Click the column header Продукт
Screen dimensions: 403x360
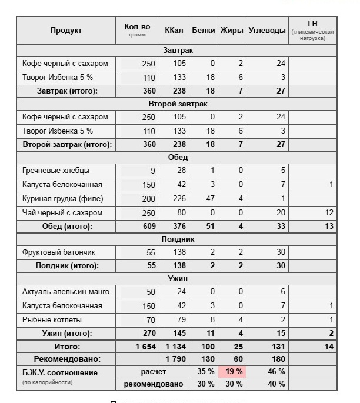click(66, 31)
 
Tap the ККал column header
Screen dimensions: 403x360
click(174, 31)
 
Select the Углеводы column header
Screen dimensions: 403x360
click(267, 31)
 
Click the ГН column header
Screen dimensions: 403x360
click(312, 24)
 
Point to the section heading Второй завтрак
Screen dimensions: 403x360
click(176, 104)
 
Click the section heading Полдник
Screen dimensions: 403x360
click(176, 239)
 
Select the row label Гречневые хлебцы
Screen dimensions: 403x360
click(56, 171)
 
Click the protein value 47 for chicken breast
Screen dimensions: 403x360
click(208, 199)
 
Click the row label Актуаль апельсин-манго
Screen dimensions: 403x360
click(66, 292)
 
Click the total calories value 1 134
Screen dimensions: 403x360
click(175, 347)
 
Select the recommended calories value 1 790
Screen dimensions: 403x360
click(175, 359)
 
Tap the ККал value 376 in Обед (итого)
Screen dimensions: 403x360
click(179, 226)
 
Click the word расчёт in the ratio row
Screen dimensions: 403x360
click(154, 372)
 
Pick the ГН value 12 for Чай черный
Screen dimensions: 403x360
click(328, 212)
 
